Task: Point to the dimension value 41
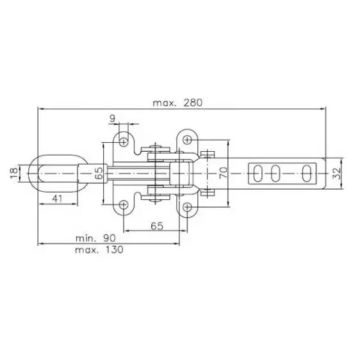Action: pos(58,199)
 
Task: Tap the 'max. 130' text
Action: pos(100,249)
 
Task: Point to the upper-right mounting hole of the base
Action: pos(186,139)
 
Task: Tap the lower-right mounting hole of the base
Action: pos(186,206)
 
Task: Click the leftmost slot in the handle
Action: pos(258,172)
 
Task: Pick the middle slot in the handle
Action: pos(278,172)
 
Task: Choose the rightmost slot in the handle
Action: pos(308,172)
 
